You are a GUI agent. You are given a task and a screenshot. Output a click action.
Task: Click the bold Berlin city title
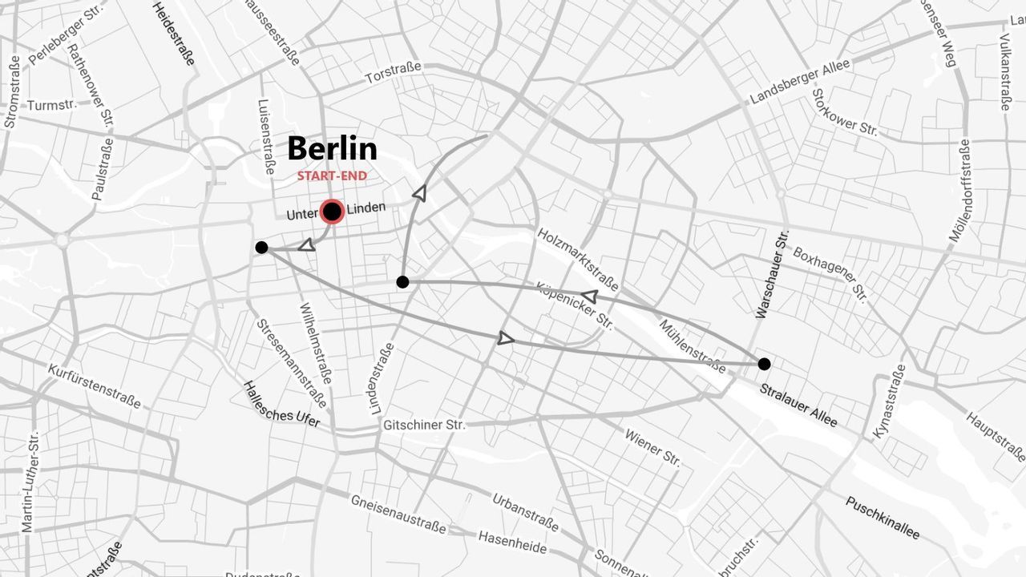(x=332, y=149)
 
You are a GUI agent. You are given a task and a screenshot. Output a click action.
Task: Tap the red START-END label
(x=332, y=176)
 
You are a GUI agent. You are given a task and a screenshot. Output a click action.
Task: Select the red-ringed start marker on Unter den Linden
(x=332, y=212)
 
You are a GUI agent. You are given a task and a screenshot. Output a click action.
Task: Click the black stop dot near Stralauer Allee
(x=764, y=364)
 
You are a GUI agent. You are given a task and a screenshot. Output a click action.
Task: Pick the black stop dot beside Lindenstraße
(x=402, y=282)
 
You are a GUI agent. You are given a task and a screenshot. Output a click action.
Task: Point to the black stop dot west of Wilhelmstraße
(x=261, y=247)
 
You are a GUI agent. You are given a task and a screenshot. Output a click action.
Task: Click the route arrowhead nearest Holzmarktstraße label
(x=589, y=297)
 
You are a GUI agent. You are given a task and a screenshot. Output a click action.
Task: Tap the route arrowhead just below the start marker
(x=306, y=244)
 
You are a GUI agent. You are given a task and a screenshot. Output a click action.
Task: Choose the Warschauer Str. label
(x=771, y=275)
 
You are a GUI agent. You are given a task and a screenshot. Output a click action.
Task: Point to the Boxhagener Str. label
(x=830, y=275)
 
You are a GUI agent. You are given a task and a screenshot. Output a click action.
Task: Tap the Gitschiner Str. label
(x=424, y=424)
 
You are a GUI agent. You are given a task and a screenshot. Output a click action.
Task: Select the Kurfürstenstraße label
(x=95, y=386)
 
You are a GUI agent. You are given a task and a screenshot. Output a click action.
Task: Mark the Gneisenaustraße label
(x=398, y=514)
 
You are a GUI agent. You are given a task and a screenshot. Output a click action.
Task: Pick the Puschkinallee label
(x=883, y=518)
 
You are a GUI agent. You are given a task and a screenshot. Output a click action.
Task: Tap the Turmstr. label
(x=51, y=105)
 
